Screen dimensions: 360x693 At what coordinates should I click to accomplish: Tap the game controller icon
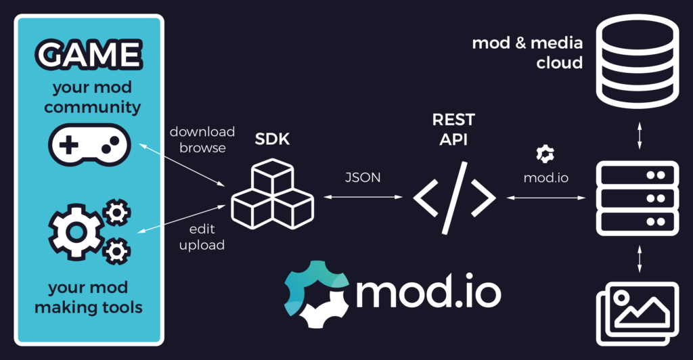(89, 143)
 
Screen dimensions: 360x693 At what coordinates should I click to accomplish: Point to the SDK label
(272, 140)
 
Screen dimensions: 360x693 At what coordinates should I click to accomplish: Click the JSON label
(362, 177)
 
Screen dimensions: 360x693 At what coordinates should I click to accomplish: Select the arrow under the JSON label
(363, 198)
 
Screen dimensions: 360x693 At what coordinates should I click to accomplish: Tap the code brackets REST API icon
(455, 198)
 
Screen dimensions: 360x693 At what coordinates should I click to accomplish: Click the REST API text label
(453, 129)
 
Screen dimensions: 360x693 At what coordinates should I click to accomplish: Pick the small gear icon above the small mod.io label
(545, 154)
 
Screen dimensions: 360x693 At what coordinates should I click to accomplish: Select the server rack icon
(637, 198)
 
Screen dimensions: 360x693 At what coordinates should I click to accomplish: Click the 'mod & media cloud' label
(527, 53)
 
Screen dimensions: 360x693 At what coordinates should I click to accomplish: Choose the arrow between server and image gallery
(639, 259)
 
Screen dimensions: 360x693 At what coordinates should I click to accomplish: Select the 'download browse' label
(202, 139)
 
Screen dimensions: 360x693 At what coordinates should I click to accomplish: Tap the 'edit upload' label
(202, 237)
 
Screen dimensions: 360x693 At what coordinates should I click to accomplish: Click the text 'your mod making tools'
(89, 297)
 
